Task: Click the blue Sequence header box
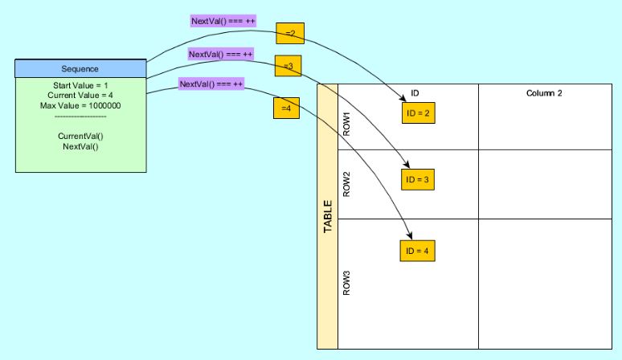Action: tap(81, 68)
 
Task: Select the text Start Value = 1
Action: tap(80, 87)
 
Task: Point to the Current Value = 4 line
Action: tap(80, 96)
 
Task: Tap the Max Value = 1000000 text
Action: tap(80, 106)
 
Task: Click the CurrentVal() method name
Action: tap(80, 136)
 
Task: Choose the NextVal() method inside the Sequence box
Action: tap(80, 145)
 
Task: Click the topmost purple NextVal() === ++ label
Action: tap(223, 21)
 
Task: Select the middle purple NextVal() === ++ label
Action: tap(221, 55)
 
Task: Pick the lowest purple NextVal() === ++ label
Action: tap(211, 84)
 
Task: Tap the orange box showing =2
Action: tap(289, 32)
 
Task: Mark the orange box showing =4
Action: tap(285, 108)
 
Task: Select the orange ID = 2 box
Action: tap(419, 113)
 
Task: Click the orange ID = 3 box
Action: tap(419, 179)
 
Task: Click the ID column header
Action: tap(415, 93)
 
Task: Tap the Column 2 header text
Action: tap(543, 93)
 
